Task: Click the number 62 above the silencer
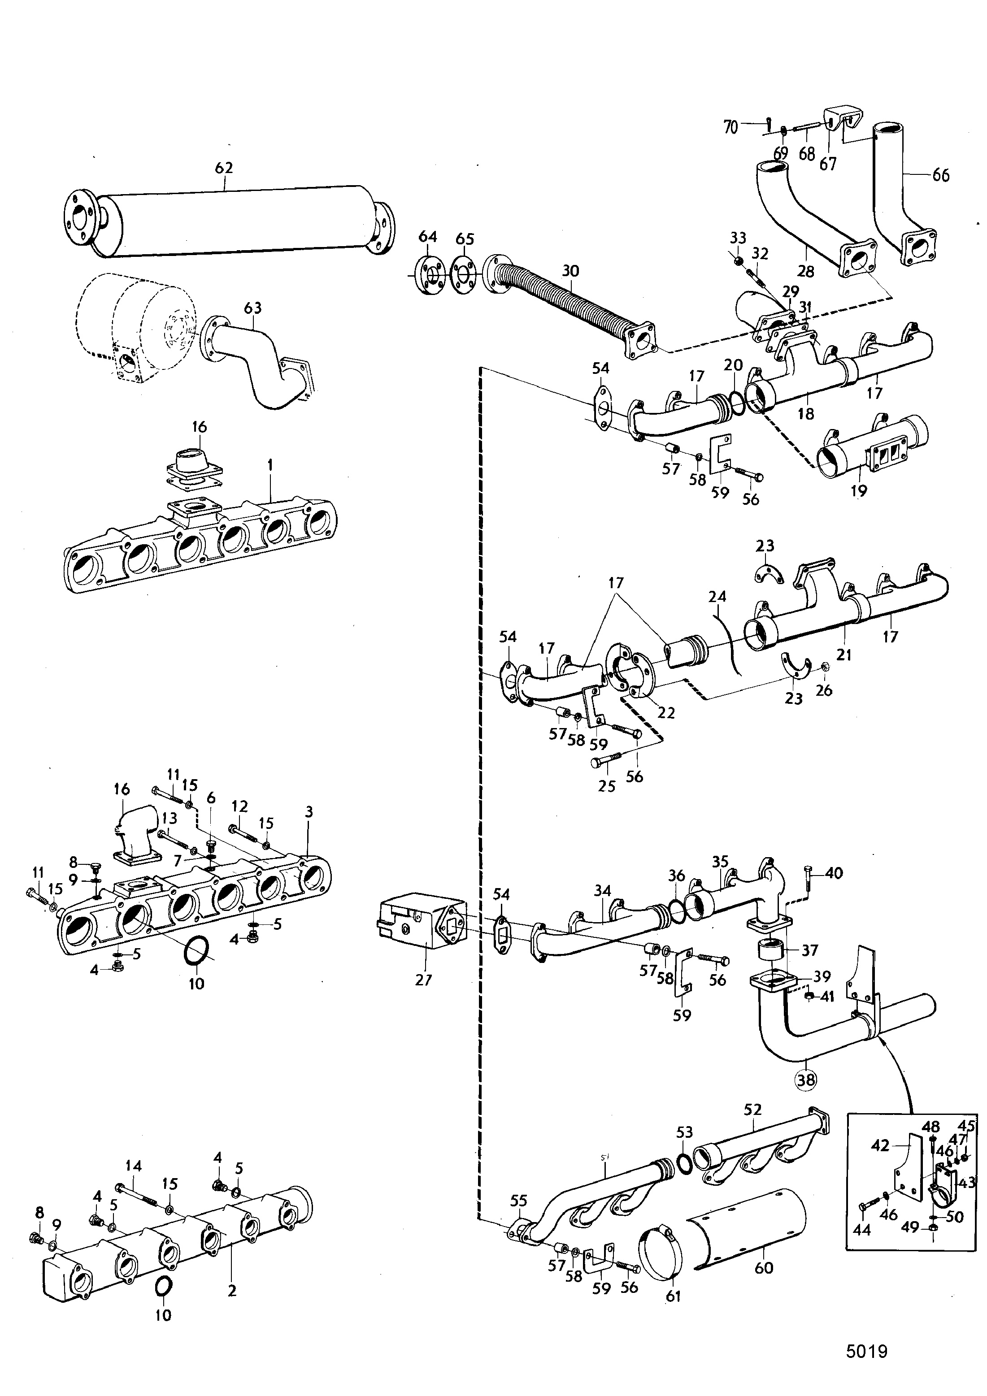pos(224,167)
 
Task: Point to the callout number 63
pos(253,308)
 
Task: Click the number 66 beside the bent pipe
pos(941,175)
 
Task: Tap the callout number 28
pos(805,271)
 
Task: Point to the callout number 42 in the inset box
pos(880,1145)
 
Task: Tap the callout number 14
pos(133,1166)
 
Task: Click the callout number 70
pos(730,127)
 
